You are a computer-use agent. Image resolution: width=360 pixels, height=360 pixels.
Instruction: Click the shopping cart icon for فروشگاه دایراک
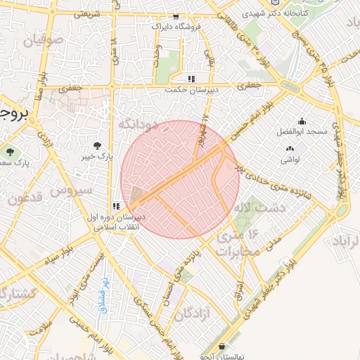(175, 17)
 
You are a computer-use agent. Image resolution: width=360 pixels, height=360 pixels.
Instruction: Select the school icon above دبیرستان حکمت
(191, 78)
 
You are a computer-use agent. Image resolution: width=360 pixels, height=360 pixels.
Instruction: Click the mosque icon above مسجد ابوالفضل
(302, 122)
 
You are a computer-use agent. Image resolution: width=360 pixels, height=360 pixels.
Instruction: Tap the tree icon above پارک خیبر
(96, 145)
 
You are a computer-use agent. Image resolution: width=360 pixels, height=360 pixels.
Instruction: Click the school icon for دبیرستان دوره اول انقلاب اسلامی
(115, 207)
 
